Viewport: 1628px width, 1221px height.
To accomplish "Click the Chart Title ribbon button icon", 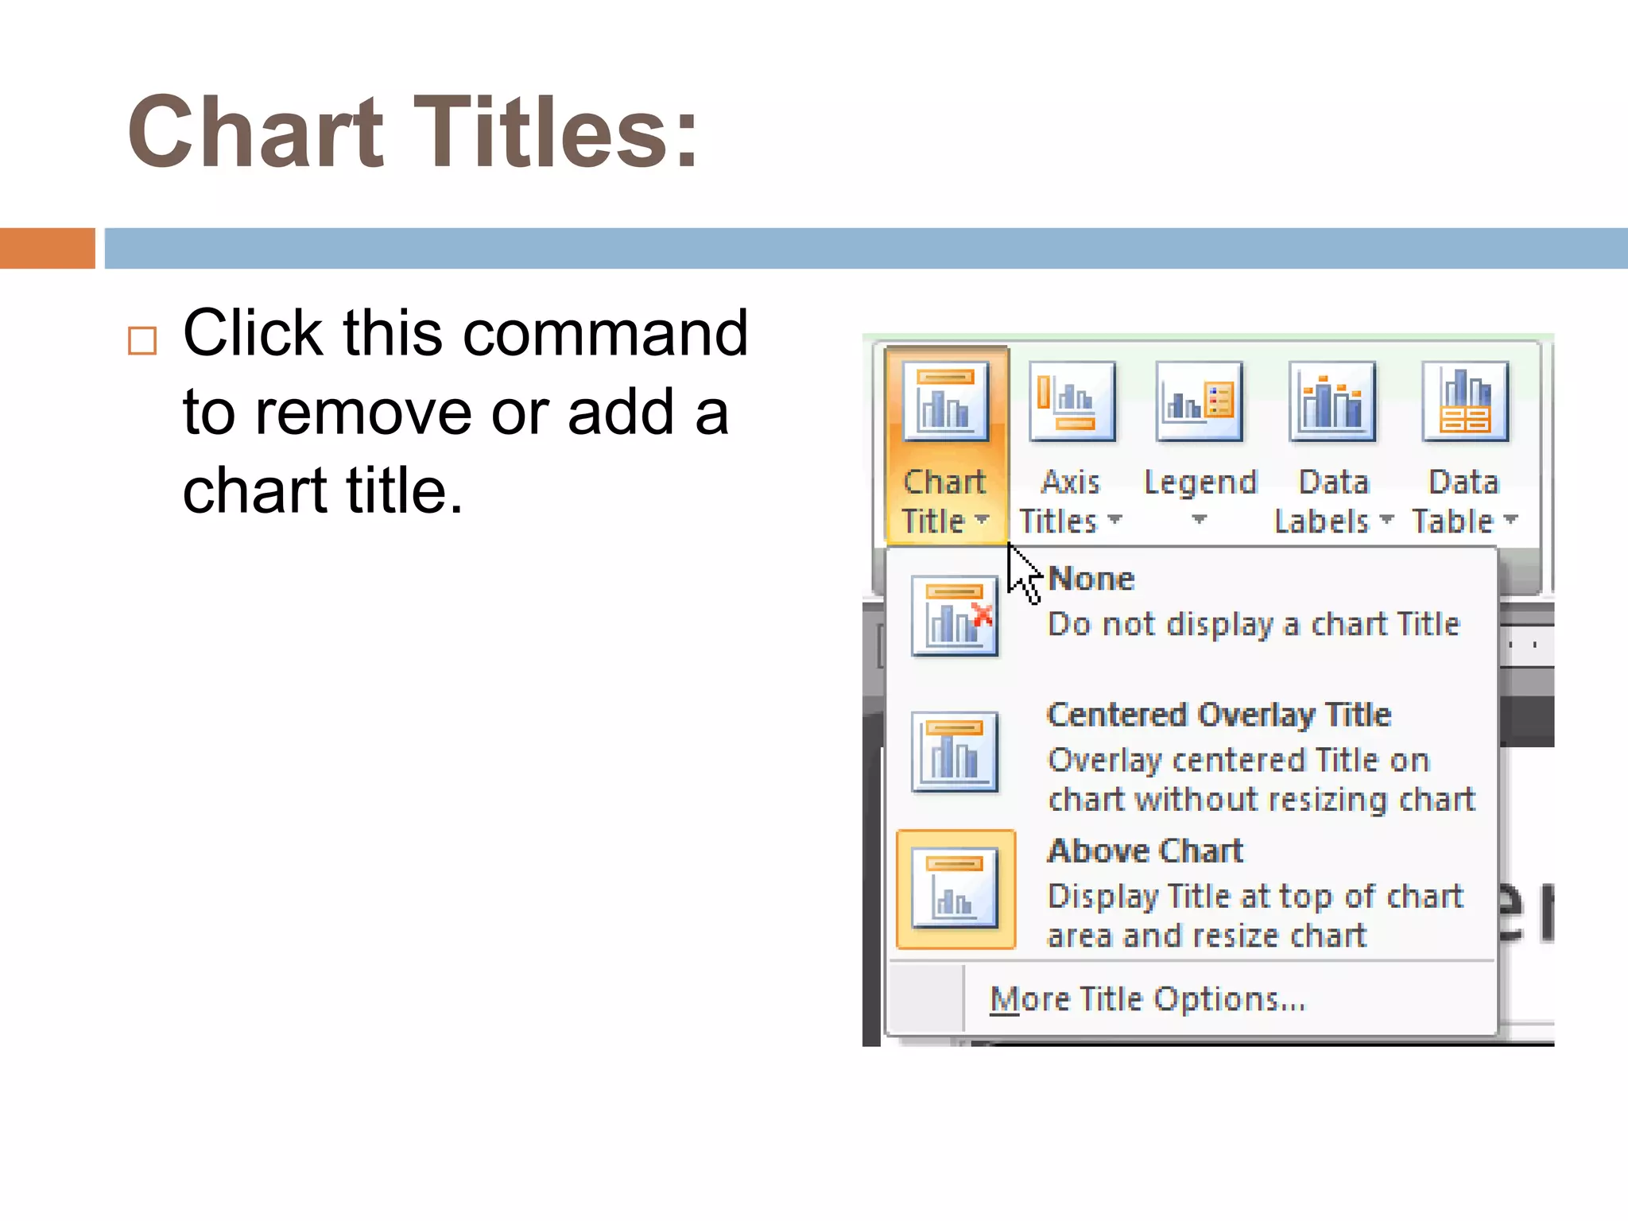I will pyautogui.click(x=945, y=401).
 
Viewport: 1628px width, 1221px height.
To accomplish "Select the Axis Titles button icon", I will pyautogui.click(x=1072, y=401).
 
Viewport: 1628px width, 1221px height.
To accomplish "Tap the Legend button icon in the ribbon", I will pyautogui.click(x=1199, y=401).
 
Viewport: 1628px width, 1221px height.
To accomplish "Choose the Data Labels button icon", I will pyautogui.click(x=1331, y=401).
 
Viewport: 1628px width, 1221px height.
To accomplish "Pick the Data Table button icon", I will pyautogui.click(x=1464, y=401).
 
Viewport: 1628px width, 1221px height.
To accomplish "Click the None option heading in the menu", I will pyautogui.click(x=1091, y=579).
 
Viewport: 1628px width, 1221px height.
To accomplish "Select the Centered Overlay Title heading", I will pyautogui.click(x=1219, y=715).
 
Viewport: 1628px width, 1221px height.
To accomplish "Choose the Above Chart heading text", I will pyautogui.click(x=1145, y=851).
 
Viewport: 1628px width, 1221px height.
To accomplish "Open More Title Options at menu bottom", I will pyautogui.click(x=1147, y=999).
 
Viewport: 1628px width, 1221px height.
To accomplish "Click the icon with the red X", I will pyautogui.click(x=955, y=616).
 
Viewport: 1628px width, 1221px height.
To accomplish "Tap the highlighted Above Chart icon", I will pyautogui.click(x=955, y=890).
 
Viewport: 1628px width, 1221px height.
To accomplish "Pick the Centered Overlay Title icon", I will pyautogui.click(x=955, y=752).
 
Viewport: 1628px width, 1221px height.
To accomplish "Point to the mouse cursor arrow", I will pyautogui.click(x=1021, y=571).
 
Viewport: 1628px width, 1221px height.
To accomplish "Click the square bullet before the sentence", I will pyautogui.click(x=142, y=341).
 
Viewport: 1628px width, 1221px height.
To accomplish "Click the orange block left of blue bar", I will pyautogui.click(x=47, y=248).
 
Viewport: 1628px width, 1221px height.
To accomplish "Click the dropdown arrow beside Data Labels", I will pyautogui.click(x=1386, y=520).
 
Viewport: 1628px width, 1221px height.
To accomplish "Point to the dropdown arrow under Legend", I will pyautogui.click(x=1199, y=520).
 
